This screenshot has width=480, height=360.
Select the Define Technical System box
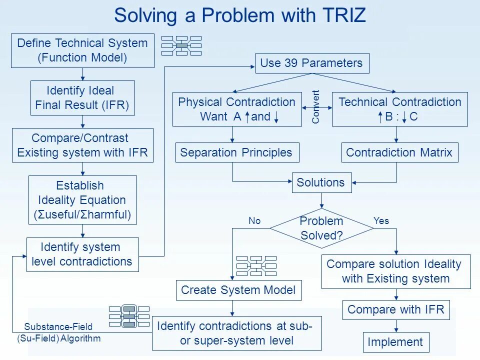point(82,50)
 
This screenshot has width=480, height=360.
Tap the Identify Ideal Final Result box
point(82,98)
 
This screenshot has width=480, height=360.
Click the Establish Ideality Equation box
point(82,200)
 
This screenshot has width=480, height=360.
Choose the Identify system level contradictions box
point(82,254)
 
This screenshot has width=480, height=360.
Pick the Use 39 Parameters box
point(312,63)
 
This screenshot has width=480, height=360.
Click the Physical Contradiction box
point(237,109)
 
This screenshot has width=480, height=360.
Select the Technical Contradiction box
point(399,109)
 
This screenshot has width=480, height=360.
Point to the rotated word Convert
point(316,106)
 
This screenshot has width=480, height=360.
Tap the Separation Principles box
point(237,152)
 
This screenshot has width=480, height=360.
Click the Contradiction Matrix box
point(399,152)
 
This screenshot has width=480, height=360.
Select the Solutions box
point(321,182)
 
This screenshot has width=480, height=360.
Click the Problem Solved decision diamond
point(321,228)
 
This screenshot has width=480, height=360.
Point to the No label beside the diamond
point(254,220)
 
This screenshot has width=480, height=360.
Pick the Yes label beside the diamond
point(381,220)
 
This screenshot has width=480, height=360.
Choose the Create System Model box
point(238,290)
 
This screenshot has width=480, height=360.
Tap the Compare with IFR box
point(395,309)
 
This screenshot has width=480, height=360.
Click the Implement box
point(395,342)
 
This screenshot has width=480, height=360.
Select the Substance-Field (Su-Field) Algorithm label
point(58,332)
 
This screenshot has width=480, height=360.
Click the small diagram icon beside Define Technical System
point(181,45)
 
